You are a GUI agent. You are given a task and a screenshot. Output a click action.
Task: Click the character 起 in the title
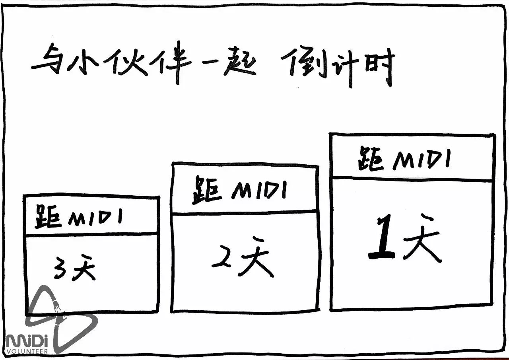pos(239,66)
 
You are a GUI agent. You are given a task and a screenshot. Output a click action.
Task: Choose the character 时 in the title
pos(378,68)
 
